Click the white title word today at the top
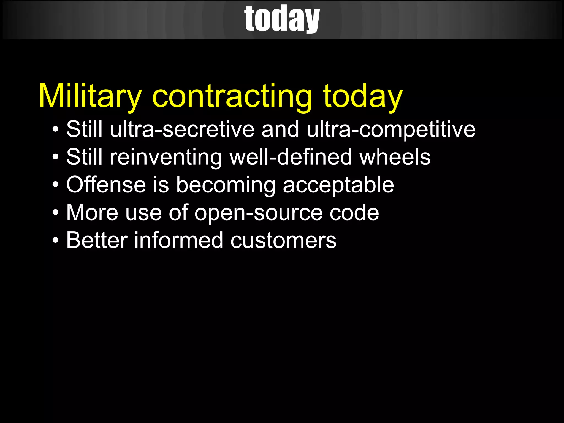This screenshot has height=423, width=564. tap(282, 19)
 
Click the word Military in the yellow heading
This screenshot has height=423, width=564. tap(90, 96)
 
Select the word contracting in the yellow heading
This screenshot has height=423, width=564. tap(232, 96)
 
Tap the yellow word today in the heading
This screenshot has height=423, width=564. tap(363, 96)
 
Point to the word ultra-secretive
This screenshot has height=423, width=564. tap(182, 129)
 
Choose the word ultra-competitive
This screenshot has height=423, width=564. tap(391, 129)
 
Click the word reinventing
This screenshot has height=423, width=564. tap(166, 157)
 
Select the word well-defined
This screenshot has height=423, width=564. tap(291, 157)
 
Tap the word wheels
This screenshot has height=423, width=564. tap(395, 157)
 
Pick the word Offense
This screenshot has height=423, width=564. tap(106, 185)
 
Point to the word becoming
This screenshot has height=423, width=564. tap(226, 185)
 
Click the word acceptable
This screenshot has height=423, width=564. tap(338, 185)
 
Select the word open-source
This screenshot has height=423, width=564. tap(258, 213)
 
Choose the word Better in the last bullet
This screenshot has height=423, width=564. tap(97, 240)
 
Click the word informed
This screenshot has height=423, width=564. tap(178, 240)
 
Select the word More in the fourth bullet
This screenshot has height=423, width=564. tap(92, 213)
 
